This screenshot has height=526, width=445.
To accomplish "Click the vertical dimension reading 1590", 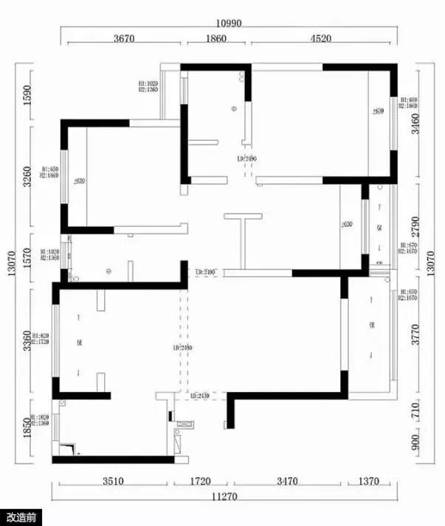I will pyautogui.click(x=28, y=97).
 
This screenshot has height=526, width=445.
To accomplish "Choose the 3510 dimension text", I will pyautogui.click(x=114, y=482).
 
